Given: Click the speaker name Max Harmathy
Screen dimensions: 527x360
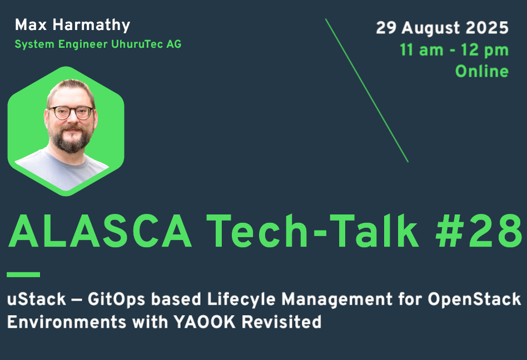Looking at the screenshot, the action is tap(72, 25).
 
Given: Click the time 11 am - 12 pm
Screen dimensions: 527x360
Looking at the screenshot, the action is tap(454, 50).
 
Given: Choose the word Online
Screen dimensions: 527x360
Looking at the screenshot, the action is tap(482, 71).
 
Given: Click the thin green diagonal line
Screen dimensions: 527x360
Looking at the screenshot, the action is tap(367, 91).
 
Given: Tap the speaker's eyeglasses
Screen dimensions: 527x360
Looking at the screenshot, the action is tap(71, 112).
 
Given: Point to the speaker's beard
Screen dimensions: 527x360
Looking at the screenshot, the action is tap(71, 138).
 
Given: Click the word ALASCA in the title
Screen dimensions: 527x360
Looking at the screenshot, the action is tap(100, 231).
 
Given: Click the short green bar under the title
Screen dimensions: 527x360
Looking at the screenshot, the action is tap(23, 274).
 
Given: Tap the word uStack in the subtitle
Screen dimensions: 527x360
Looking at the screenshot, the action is tap(36, 299).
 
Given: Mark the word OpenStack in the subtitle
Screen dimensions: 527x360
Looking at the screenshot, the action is tap(475, 299).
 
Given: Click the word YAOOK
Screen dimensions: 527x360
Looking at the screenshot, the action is tap(205, 322).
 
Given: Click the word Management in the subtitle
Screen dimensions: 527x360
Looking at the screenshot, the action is tap(337, 299).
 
